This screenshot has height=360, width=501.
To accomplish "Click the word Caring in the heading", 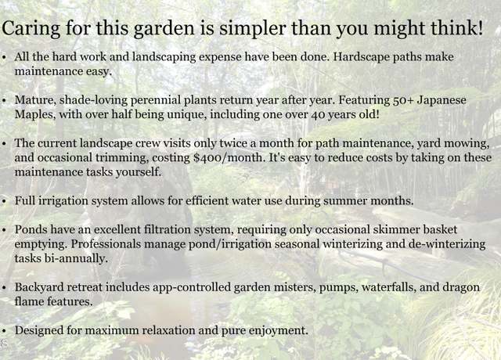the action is tap(31, 29).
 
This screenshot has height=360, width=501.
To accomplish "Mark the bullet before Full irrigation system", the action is tap(4, 202).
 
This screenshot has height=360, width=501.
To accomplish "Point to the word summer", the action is tap(345, 201).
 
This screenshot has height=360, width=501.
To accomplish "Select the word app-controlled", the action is tap(191, 288).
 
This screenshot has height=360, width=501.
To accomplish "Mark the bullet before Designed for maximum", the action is tap(4, 331).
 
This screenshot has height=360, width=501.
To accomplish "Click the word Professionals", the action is tap(106, 244).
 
